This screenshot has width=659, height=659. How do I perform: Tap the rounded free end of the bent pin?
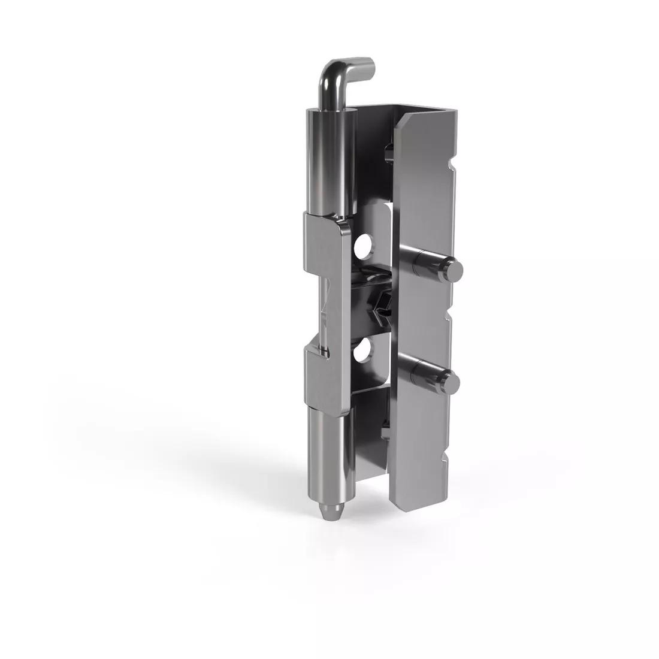pos(370,64)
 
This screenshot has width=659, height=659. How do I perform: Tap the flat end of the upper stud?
pos(455,271)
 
